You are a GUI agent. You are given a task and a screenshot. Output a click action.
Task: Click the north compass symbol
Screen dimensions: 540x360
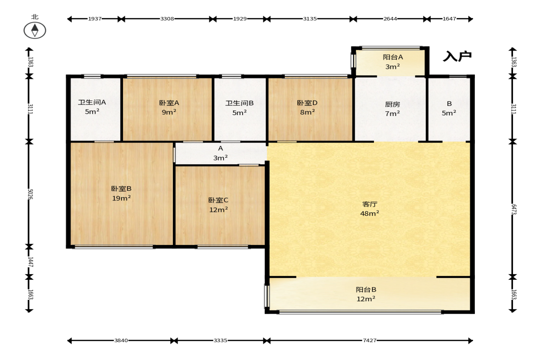35,30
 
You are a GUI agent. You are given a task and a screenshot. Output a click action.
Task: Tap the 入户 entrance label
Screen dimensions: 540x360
457,56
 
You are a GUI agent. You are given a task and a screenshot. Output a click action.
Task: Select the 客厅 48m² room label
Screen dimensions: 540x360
369,209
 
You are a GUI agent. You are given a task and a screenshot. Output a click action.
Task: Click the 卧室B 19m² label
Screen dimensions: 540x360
121,194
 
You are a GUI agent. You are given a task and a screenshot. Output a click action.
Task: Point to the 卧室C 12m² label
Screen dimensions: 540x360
218,205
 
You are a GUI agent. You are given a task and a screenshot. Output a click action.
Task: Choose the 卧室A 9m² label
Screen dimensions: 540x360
169,107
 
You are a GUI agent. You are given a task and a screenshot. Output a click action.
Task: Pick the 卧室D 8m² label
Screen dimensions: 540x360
307,107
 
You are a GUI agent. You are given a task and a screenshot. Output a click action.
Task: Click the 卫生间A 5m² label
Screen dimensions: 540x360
92,107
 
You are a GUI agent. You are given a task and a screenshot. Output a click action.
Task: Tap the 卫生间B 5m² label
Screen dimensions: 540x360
239,108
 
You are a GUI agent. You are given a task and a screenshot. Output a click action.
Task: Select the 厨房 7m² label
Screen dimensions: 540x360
393,109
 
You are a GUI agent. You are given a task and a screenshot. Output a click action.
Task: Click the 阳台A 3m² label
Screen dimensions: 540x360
393,62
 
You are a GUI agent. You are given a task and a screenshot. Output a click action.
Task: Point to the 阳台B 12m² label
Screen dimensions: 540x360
366,294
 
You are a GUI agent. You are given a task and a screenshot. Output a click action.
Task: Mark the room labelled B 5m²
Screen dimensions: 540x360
449,108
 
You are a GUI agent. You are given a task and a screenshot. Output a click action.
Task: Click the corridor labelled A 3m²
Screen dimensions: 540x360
220,153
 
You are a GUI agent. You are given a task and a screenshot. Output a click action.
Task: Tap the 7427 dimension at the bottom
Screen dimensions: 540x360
369,340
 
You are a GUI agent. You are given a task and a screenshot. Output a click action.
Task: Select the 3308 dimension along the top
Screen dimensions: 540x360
167,19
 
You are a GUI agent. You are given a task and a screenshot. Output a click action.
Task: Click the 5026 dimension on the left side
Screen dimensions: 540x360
30,194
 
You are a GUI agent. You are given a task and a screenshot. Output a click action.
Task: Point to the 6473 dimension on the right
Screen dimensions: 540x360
513,209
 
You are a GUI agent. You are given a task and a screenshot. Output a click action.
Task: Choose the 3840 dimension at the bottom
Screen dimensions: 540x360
121,340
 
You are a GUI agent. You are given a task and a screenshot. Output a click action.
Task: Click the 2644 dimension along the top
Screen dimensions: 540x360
390,19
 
